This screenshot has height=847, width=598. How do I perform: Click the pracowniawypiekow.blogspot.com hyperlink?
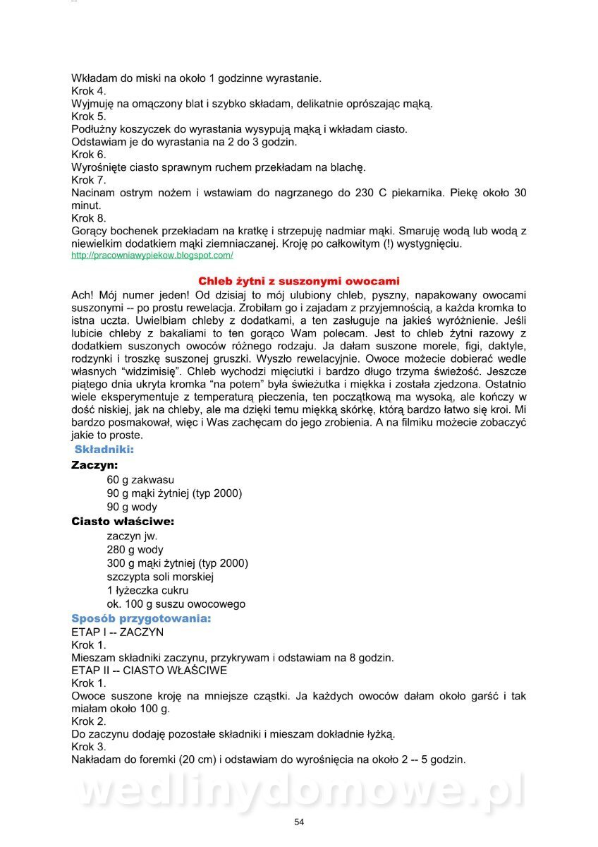click(x=152, y=256)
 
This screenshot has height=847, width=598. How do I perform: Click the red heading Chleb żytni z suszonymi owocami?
click(x=298, y=281)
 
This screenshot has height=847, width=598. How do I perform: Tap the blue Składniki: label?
click(x=104, y=449)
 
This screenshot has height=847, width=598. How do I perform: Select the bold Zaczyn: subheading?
click(x=94, y=465)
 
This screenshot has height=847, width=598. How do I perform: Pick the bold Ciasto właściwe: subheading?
click(x=123, y=522)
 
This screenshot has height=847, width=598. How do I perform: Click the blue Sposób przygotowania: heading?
click(x=141, y=618)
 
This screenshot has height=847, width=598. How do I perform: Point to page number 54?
click(x=299, y=822)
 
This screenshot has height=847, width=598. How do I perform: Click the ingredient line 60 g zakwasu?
click(x=140, y=480)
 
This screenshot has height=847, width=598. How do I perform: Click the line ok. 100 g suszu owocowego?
click(x=176, y=604)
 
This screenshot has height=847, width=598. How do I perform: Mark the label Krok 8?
click(x=89, y=218)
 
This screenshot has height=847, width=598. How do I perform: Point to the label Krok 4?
click(x=89, y=91)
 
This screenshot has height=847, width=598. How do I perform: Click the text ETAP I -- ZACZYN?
click(x=118, y=632)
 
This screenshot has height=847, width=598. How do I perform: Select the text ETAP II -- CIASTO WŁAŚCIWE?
click(x=149, y=671)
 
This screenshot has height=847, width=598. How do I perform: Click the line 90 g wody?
click(x=132, y=507)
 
